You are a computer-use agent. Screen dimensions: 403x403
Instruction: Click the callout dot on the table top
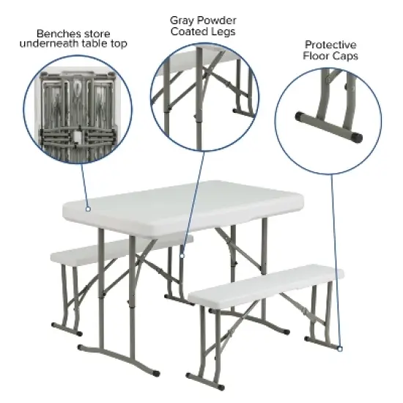(x=87, y=209)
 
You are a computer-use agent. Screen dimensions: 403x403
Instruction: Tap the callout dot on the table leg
(x=180, y=256)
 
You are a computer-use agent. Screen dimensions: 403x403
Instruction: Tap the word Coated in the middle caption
(x=188, y=32)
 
